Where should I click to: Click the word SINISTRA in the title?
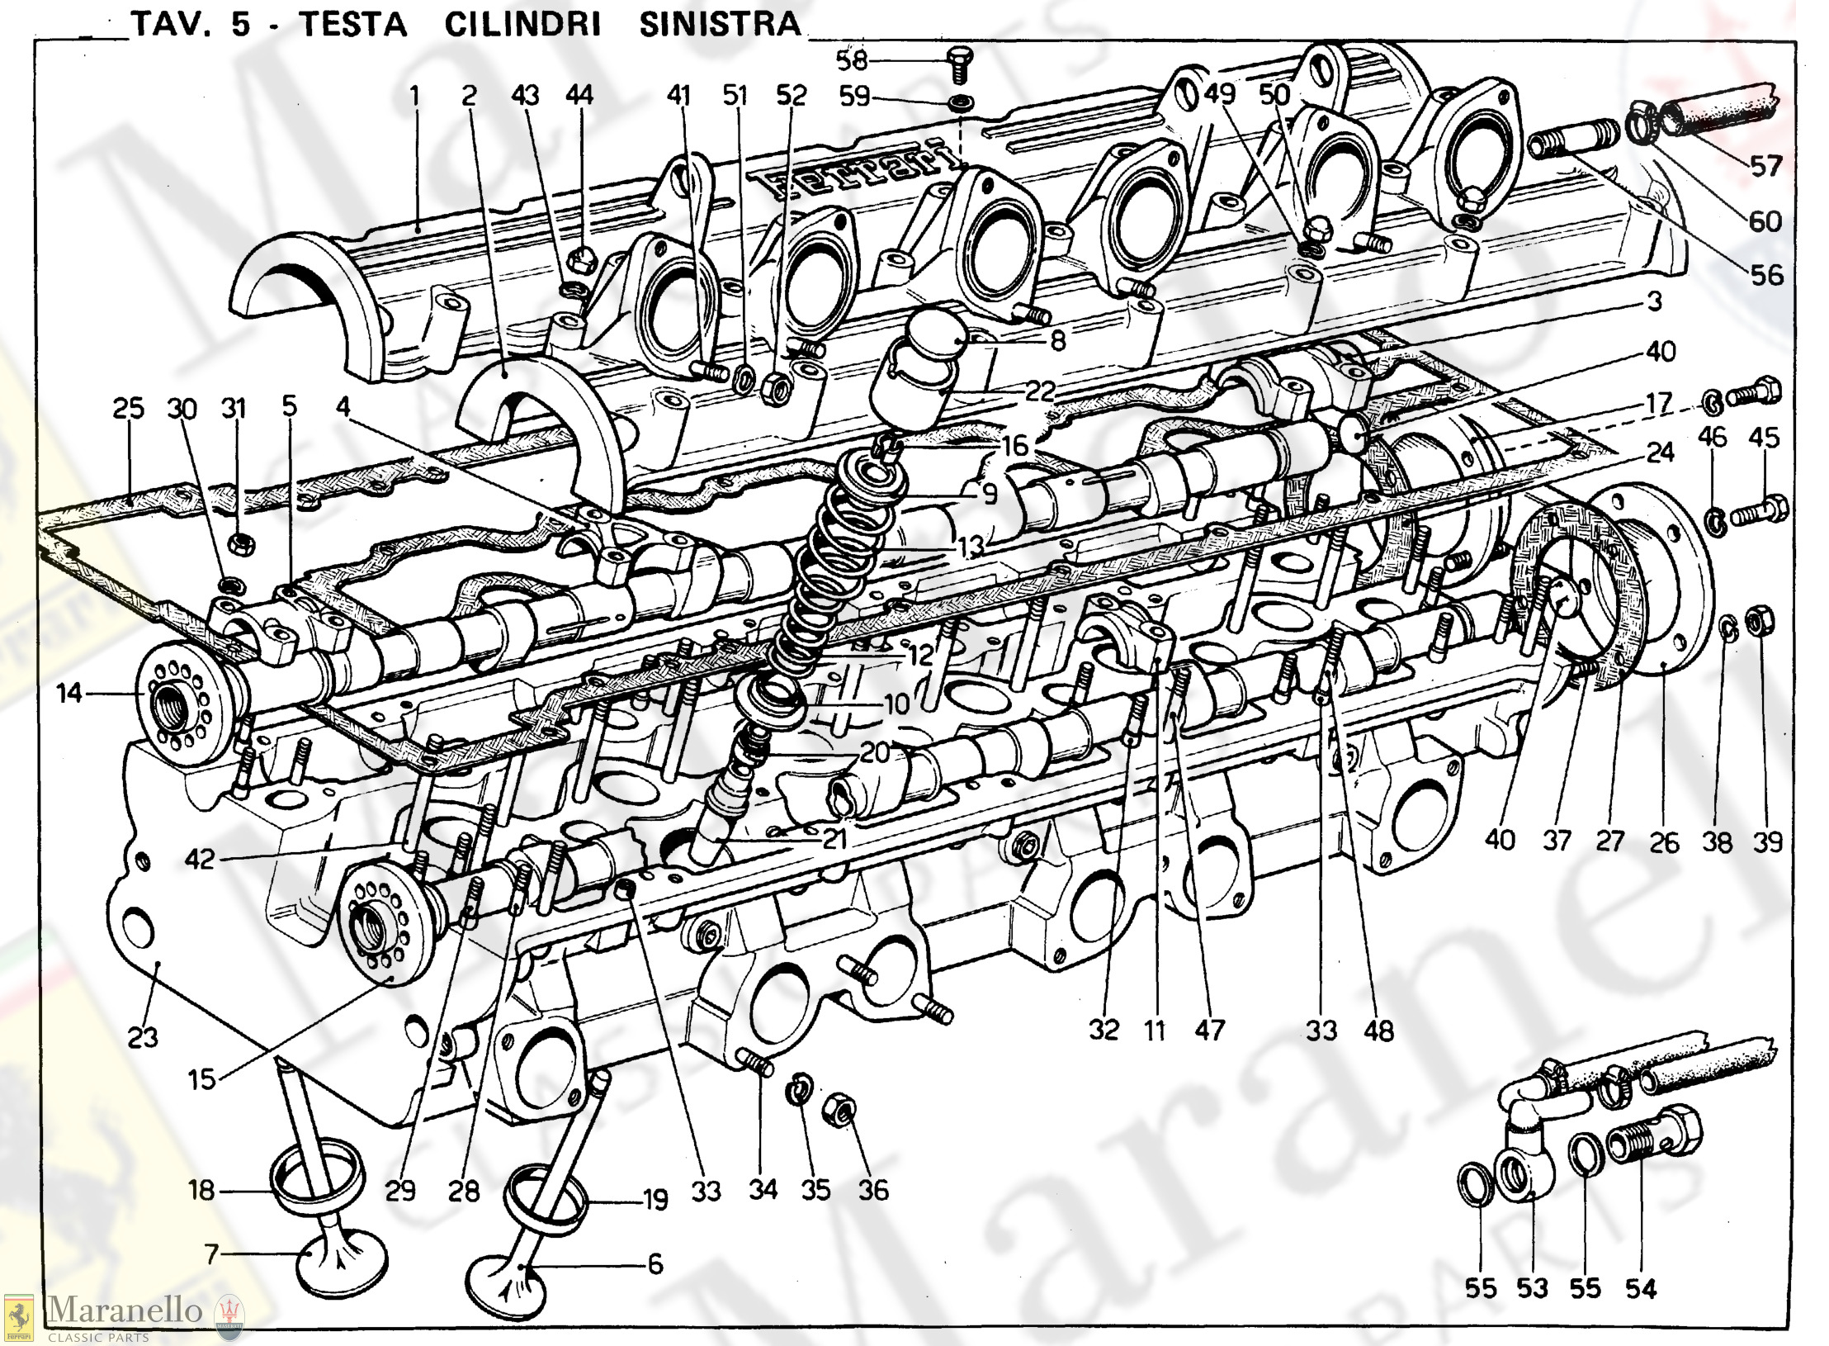tap(720, 24)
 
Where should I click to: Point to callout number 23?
tap(143, 1036)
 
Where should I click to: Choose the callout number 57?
tap(1765, 166)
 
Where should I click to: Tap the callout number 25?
tap(128, 408)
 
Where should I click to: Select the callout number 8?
tap(1059, 339)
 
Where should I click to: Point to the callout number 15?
tap(201, 1079)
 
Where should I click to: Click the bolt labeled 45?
tap(1759, 510)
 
